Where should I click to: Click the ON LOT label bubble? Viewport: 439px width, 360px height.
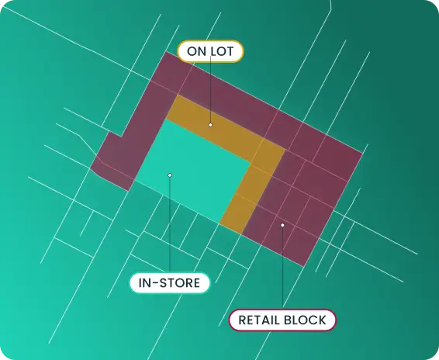coord(210,51)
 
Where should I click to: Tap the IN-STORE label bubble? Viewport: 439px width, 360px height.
coord(169,283)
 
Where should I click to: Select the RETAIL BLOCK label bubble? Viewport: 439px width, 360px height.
coord(282,320)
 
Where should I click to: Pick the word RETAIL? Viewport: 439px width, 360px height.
coord(258,320)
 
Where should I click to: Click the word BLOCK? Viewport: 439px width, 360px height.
coord(305,320)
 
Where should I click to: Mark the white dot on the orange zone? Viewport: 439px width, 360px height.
coord(210,125)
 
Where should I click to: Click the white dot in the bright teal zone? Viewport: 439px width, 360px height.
coord(170,175)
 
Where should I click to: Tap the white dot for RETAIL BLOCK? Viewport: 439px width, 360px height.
coord(282,225)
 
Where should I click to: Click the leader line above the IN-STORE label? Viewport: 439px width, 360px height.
coord(170,225)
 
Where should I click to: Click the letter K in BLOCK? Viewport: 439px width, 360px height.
coord(322,320)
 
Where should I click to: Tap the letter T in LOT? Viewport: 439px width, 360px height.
coord(230,51)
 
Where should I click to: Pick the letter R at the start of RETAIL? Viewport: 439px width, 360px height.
coord(243,320)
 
